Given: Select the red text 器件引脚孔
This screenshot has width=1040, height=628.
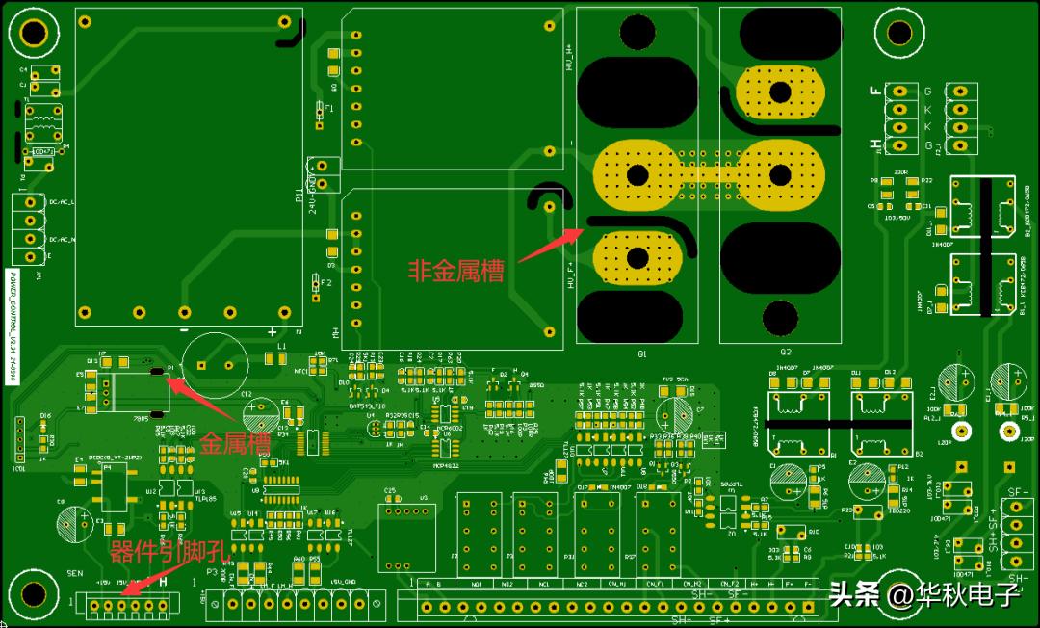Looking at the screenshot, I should tap(169, 551).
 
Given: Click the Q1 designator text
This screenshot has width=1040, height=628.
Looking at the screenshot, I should tap(638, 353).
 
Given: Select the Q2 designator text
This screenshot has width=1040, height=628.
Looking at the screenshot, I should tap(785, 353).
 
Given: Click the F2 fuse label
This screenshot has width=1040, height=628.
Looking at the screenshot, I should tap(326, 283).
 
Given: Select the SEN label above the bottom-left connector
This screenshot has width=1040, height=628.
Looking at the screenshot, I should tap(75, 571).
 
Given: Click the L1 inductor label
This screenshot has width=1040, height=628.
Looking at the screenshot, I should tap(282, 345).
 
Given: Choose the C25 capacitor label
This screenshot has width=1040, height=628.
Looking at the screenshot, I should tap(389, 491).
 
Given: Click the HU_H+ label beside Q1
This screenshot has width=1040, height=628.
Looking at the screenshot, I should tap(569, 59).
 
